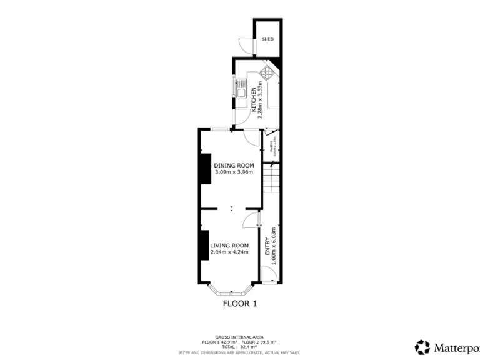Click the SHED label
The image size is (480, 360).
tap(267, 39)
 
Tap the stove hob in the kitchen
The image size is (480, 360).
tap(267, 73)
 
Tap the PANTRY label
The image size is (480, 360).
tap(271, 147)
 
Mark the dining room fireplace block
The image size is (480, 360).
tap(204, 169)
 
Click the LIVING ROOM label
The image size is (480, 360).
tap(229, 246)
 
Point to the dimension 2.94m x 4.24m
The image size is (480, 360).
tap(229, 252)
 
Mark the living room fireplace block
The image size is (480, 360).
tap(204, 245)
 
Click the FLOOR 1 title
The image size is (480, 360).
tap(240, 304)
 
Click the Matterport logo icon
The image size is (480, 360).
tap(422, 346)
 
